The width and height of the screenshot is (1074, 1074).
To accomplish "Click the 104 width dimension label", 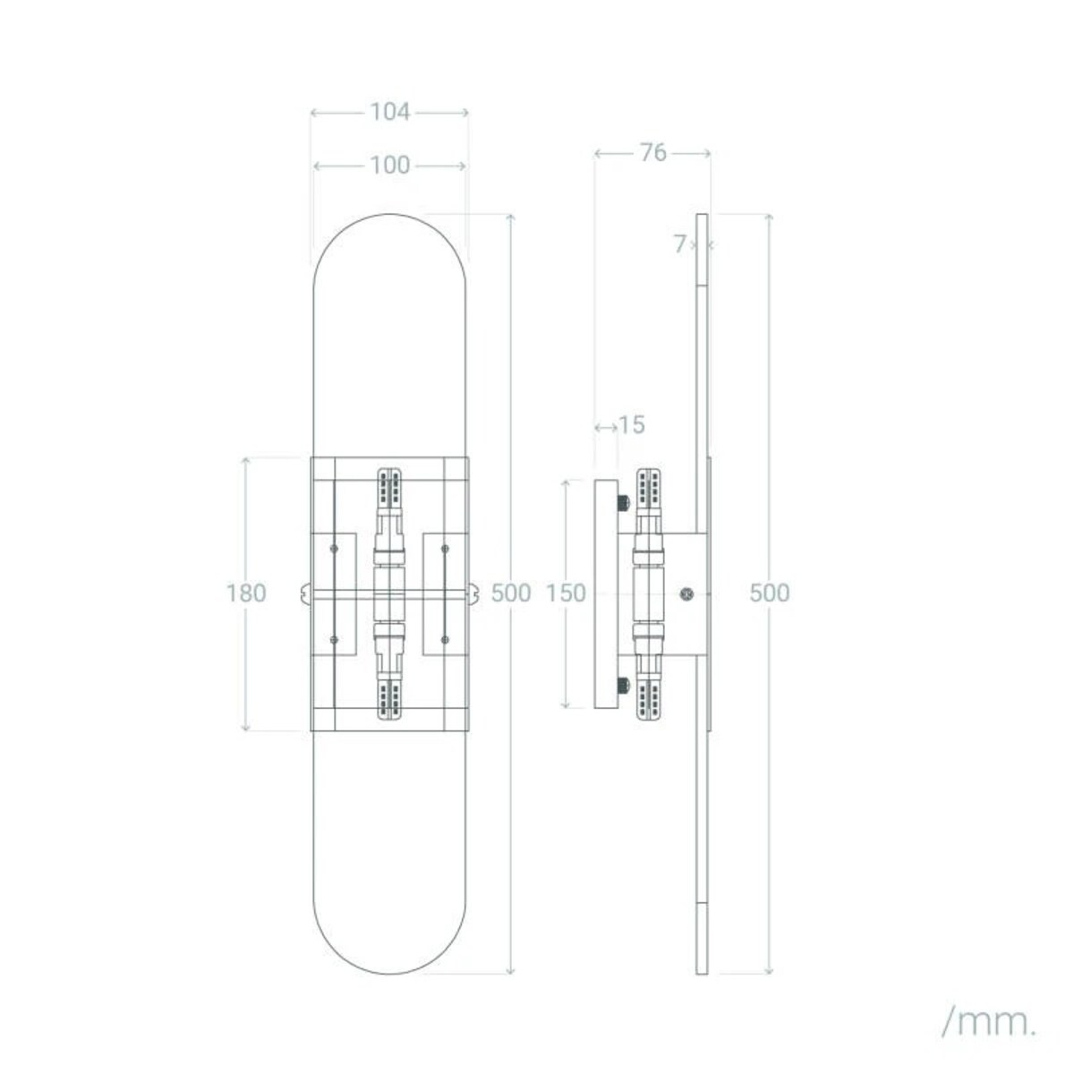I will pyautogui.click(x=389, y=112).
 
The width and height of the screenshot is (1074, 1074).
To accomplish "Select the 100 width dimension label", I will pyautogui.click(x=389, y=166).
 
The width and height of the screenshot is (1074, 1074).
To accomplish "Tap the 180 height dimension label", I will pyautogui.click(x=246, y=593).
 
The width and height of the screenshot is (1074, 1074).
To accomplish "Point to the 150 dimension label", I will pyautogui.click(x=566, y=593).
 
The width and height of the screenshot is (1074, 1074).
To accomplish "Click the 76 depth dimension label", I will pyautogui.click(x=652, y=153).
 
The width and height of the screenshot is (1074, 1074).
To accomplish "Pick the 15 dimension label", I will pyautogui.click(x=632, y=425).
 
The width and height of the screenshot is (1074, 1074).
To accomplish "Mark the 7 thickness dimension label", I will pyautogui.click(x=681, y=243).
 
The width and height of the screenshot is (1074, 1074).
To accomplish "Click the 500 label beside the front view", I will pyautogui.click(x=511, y=593).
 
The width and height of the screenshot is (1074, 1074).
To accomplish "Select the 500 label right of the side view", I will pyautogui.click(x=770, y=593).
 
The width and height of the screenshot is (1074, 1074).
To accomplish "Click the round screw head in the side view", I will pyautogui.click(x=686, y=592).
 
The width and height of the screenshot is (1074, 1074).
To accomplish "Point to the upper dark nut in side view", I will pyautogui.click(x=624, y=504).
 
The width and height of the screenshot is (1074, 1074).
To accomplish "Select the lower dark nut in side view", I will pyautogui.click(x=624, y=685).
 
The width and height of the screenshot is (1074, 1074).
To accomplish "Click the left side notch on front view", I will pyautogui.click(x=305, y=592).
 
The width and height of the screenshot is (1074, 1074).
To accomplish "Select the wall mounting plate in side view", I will pyautogui.click(x=606, y=593).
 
